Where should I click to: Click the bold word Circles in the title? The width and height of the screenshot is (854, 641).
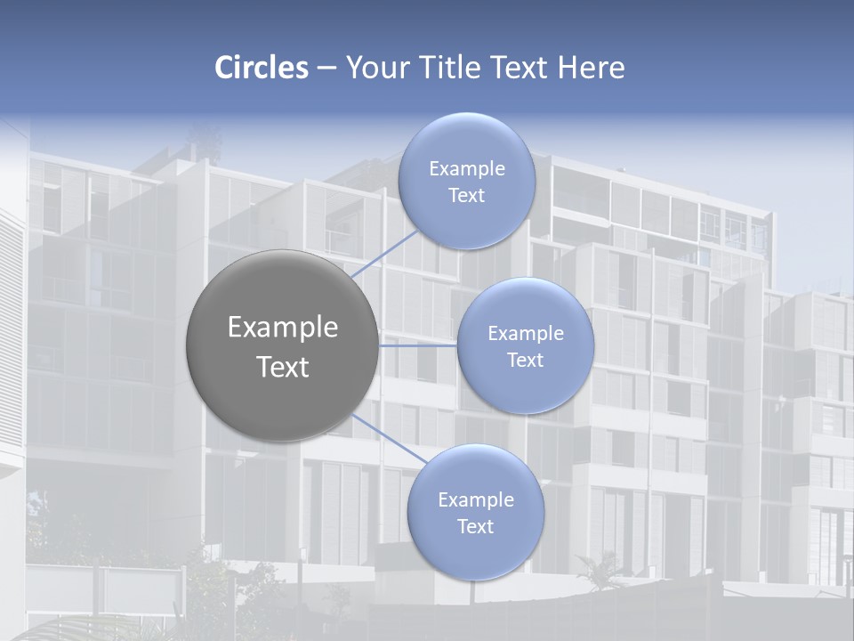[262, 68]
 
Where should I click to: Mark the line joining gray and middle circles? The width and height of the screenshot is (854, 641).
[418, 345]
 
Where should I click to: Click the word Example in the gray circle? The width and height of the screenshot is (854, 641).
[283, 328]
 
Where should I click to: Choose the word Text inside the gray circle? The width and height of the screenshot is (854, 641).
[283, 367]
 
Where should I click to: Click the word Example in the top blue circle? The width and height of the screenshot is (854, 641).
[467, 169]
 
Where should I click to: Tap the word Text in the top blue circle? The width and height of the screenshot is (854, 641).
[466, 196]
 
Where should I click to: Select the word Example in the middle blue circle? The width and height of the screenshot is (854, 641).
[526, 334]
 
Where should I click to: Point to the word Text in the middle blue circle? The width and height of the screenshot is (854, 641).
[525, 361]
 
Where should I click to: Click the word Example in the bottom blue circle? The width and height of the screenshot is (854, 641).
[476, 500]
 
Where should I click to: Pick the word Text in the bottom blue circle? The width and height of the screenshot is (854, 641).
[475, 527]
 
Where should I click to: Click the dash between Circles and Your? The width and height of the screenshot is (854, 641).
[326, 68]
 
